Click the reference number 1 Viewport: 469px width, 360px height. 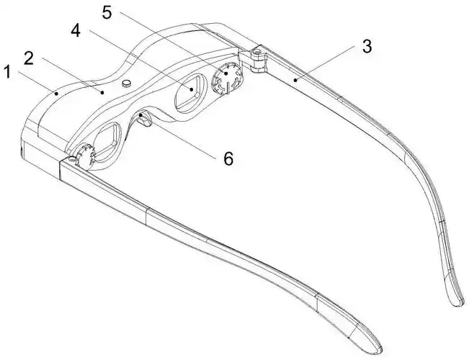7,73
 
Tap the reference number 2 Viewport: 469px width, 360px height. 29,58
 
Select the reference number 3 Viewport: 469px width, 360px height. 367,47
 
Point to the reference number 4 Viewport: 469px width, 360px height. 76,31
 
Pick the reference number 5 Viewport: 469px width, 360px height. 107,12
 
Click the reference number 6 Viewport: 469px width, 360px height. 228,158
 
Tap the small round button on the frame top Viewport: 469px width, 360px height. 127,83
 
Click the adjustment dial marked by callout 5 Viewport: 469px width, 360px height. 226,78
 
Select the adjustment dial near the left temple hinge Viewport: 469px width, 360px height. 86,153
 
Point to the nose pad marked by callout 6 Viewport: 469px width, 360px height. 145,118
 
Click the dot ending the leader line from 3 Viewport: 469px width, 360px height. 295,79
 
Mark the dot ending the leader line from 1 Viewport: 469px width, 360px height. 56,94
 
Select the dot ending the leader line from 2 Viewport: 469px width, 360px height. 102,93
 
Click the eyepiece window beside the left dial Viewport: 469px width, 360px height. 106,140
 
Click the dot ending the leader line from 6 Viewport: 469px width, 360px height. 140,115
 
